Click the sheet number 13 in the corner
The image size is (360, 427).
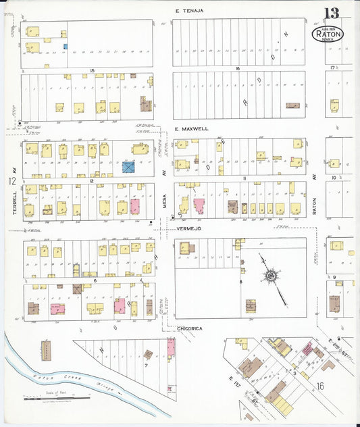332,14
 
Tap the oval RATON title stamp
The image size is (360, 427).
328,33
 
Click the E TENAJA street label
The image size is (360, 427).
189,11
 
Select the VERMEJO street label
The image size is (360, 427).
189,229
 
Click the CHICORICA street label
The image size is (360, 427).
190,328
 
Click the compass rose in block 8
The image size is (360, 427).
271,275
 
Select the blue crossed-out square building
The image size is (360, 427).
128,166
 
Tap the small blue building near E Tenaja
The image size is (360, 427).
66,47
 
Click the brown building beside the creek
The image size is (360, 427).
46,350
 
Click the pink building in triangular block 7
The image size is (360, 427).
171,348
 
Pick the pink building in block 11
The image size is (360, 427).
199,206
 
